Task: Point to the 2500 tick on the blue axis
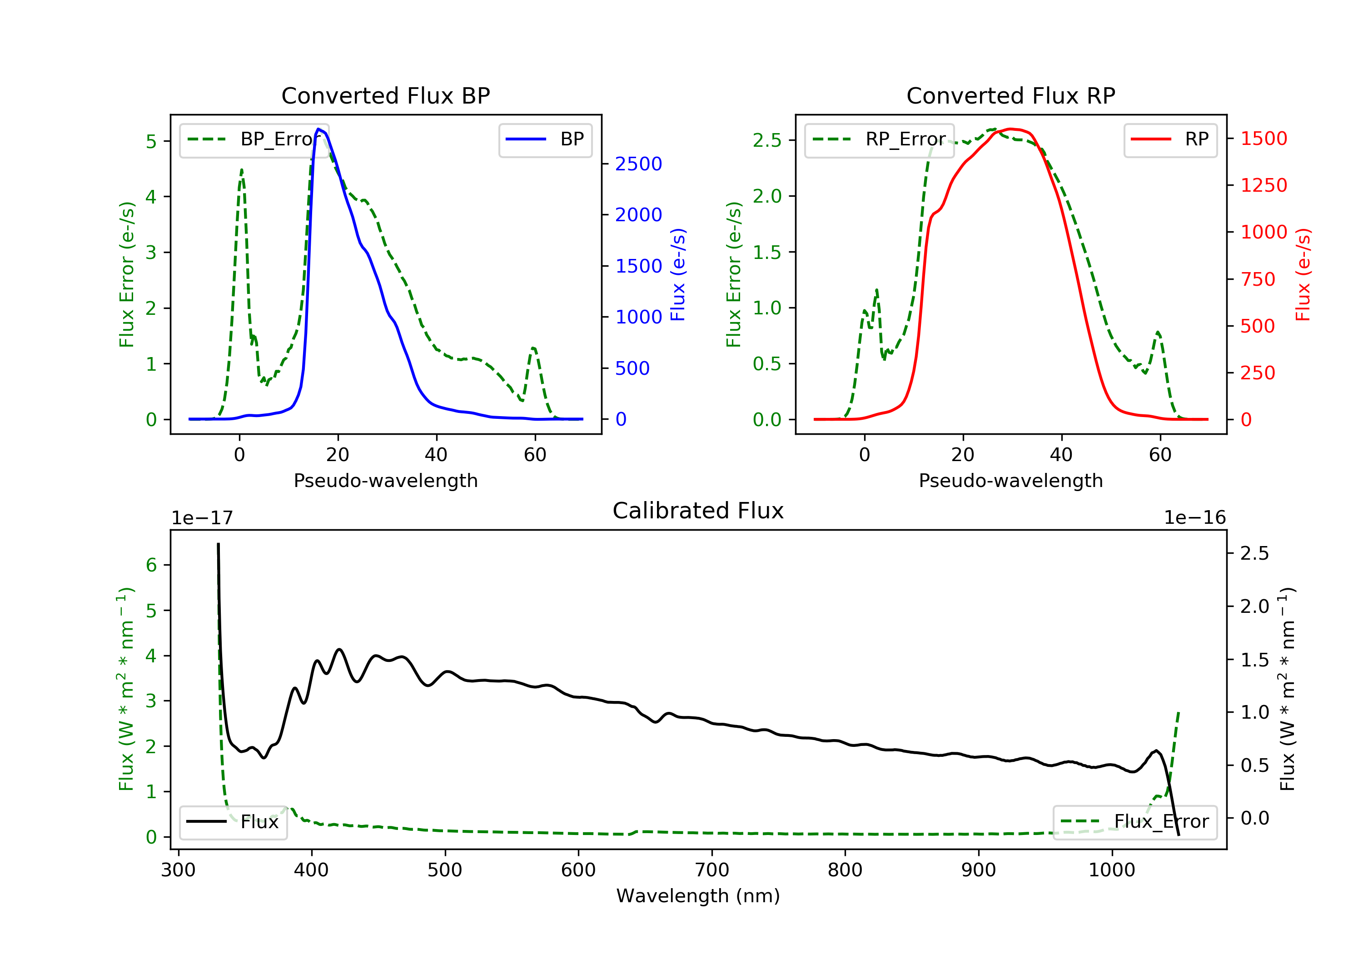tap(638, 164)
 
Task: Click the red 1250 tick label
tap(1264, 185)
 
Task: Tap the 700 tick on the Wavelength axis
tap(712, 870)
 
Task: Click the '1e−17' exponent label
tap(202, 518)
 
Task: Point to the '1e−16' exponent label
tap(1194, 518)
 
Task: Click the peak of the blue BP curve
tap(319, 129)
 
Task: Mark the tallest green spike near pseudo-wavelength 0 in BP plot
tap(242, 170)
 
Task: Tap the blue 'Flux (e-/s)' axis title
tap(678, 274)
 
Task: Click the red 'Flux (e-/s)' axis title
tap(1303, 274)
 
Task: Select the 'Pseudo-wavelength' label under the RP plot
tap(1010, 481)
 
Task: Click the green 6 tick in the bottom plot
tap(151, 565)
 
